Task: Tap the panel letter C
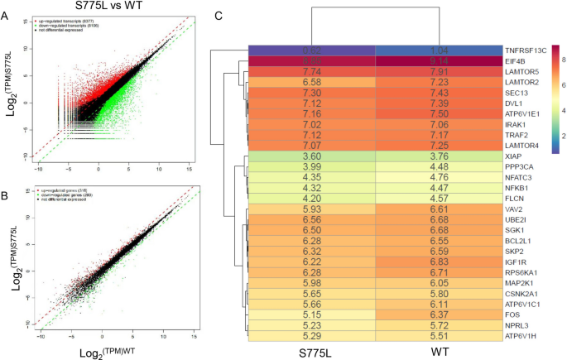coord(218,15)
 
